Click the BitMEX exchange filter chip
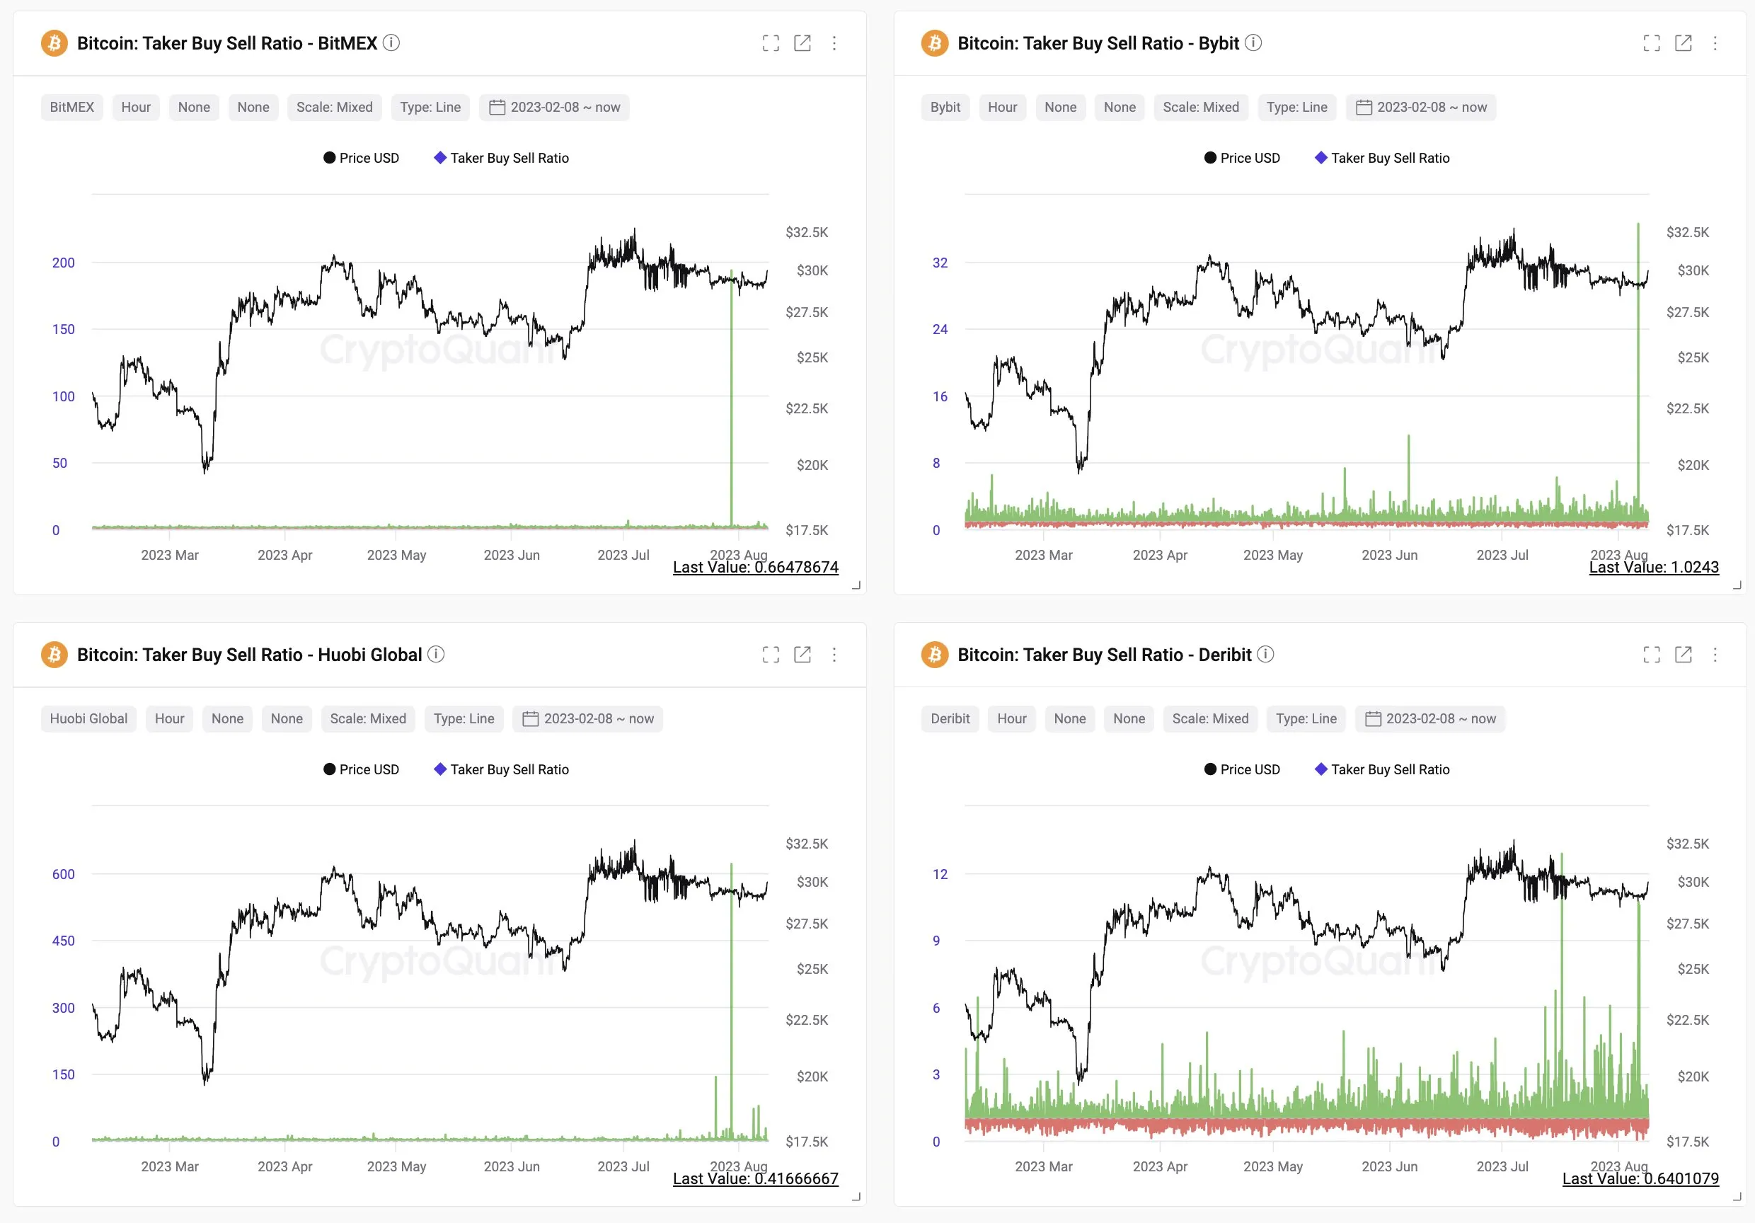[x=72, y=108]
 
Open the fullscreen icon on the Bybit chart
[x=1651, y=44]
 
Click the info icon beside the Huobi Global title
[x=436, y=654]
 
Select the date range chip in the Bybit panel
[x=1421, y=108]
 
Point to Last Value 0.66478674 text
[x=755, y=567]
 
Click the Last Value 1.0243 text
[x=1653, y=567]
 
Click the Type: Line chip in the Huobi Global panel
[x=464, y=719]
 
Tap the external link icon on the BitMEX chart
[x=802, y=44]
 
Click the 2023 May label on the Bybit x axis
[x=1272, y=556]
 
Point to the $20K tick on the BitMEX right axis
[x=812, y=466]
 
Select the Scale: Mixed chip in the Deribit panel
[x=1210, y=719]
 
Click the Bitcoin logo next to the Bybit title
[x=934, y=44]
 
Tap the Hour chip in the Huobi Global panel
[x=169, y=719]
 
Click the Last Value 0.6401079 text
[x=1640, y=1178]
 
